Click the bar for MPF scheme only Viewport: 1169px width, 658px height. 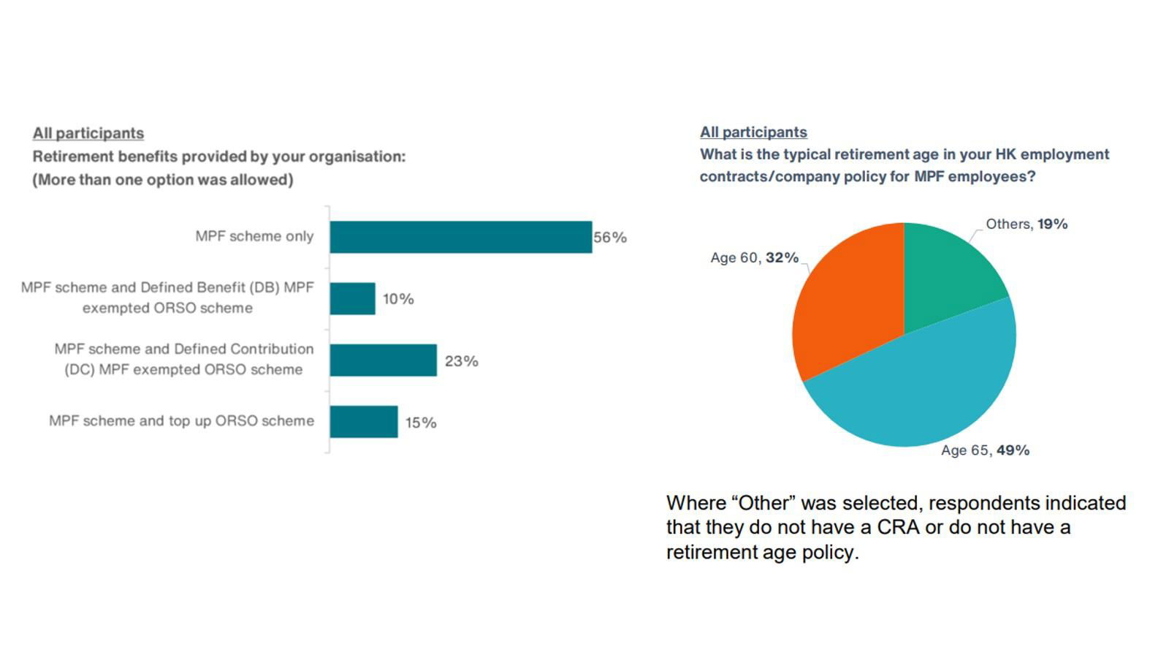click(x=460, y=237)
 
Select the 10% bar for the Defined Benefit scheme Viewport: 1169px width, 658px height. click(x=352, y=298)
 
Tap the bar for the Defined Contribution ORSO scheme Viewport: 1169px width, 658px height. click(x=383, y=360)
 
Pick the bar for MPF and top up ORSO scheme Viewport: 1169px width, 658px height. click(x=364, y=422)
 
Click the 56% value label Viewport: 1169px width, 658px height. click(x=610, y=238)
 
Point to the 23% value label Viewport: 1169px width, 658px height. click(x=462, y=361)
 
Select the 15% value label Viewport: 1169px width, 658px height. click(x=421, y=423)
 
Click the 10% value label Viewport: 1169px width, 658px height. click(x=398, y=299)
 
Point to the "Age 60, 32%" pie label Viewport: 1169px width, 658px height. click(x=754, y=258)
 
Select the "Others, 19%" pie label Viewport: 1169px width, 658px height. click(x=1027, y=224)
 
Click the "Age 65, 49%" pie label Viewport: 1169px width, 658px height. click(x=985, y=450)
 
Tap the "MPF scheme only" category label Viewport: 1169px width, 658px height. click(x=254, y=236)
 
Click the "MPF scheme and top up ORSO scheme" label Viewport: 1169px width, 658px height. click(x=181, y=421)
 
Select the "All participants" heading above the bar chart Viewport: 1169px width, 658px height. click(x=88, y=133)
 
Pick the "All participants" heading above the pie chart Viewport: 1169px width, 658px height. click(x=753, y=132)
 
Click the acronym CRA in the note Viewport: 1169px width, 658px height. click(x=897, y=527)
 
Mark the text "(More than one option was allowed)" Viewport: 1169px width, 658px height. click(x=163, y=180)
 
